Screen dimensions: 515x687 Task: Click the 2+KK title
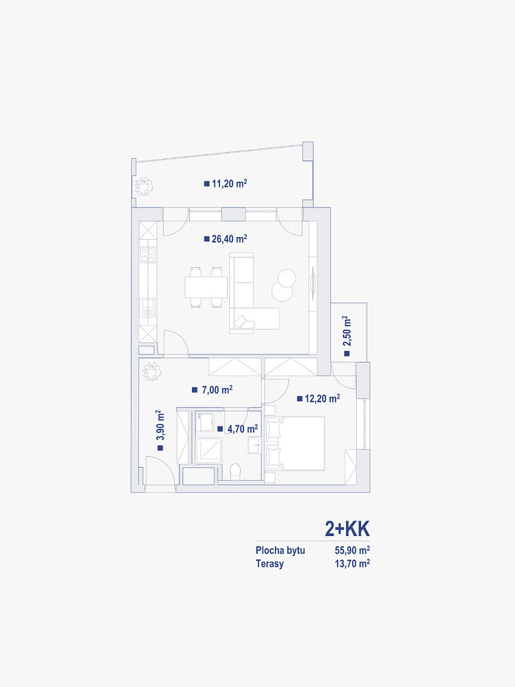347,529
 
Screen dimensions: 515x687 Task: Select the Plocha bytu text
281,550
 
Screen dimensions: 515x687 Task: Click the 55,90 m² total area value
352,550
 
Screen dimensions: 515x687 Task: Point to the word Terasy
270,563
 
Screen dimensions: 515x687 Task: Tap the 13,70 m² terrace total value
352,563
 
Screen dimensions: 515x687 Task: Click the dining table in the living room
206,287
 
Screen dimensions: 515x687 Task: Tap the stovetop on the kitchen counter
148,255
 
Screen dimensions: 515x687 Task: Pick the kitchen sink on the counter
148,307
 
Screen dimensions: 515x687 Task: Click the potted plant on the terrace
144,187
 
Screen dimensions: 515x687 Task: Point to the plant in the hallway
152,372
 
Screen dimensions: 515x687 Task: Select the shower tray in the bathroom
209,449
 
